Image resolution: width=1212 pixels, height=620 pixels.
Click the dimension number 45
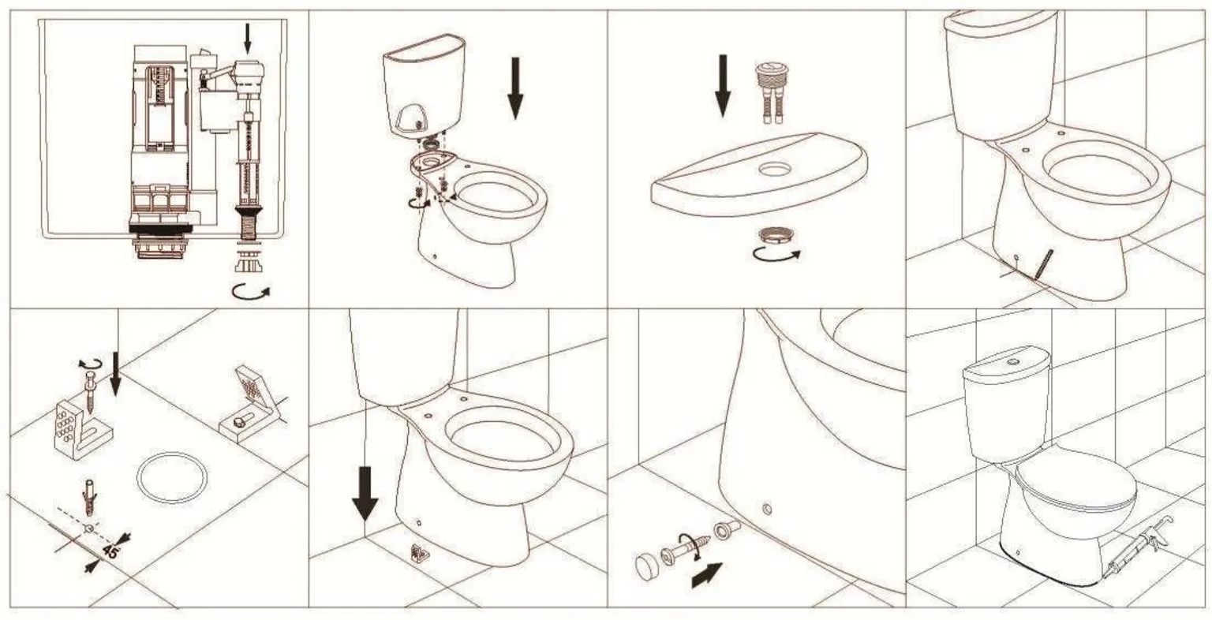(x=109, y=551)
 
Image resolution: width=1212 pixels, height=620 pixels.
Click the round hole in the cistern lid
(x=775, y=169)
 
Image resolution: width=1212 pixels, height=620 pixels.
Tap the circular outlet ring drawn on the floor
(x=172, y=477)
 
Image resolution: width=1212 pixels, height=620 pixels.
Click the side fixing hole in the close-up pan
(x=766, y=509)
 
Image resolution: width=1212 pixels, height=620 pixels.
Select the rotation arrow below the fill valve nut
(x=251, y=291)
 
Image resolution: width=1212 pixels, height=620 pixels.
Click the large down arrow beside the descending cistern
(x=515, y=88)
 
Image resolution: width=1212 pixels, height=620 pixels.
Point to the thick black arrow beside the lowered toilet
(x=365, y=493)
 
